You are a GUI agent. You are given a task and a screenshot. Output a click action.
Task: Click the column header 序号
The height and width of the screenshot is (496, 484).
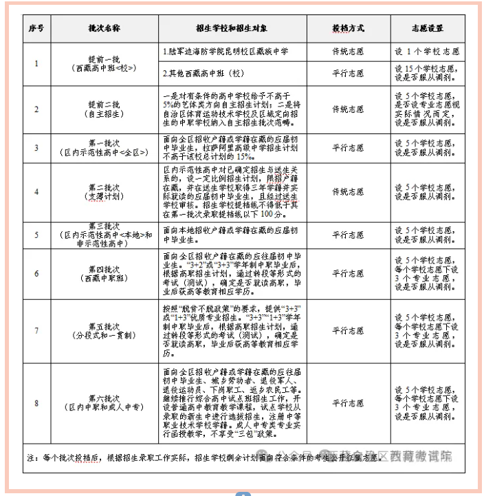pyautogui.click(x=36, y=28)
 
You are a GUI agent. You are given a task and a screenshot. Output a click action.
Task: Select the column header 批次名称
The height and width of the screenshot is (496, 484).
pyautogui.click(x=104, y=28)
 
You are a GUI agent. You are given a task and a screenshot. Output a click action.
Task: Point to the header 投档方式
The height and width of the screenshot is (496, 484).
pyautogui.click(x=348, y=28)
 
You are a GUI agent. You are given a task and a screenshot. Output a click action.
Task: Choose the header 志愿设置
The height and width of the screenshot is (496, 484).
pyautogui.click(x=427, y=28)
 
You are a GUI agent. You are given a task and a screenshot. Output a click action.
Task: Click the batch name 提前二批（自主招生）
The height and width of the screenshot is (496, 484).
pyautogui.click(x=104, y=109)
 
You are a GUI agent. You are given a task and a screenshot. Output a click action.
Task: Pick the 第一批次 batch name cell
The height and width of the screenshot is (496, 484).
pyautogui.click(x=104, y=147)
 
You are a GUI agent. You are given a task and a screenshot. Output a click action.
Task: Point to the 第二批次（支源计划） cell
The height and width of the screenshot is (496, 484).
pyautogui.click(x=104, y=192)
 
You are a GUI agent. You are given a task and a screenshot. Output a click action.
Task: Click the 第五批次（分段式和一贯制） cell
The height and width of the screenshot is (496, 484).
pyautogui.click(x=104, y=330)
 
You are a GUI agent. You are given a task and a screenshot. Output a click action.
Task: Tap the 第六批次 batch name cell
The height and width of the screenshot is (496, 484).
pyautogui.click(x=104, y=402)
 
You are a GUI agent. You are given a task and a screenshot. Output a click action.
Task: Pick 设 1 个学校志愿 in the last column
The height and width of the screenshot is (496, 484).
pyautogui.click(x=427, y=52)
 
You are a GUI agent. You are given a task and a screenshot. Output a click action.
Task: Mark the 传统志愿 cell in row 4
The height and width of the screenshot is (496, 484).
pyautogui.click(x=348, y=192)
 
